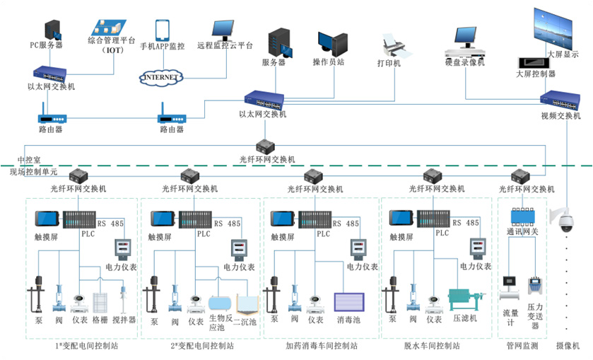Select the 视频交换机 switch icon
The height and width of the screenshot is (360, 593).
pos(560,100)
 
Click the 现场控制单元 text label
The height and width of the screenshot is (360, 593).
pos(33,171)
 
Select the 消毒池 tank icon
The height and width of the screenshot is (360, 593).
pos(349,303)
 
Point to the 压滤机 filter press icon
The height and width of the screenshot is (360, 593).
pos(468,301)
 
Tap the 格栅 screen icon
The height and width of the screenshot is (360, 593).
pos(102,303)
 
